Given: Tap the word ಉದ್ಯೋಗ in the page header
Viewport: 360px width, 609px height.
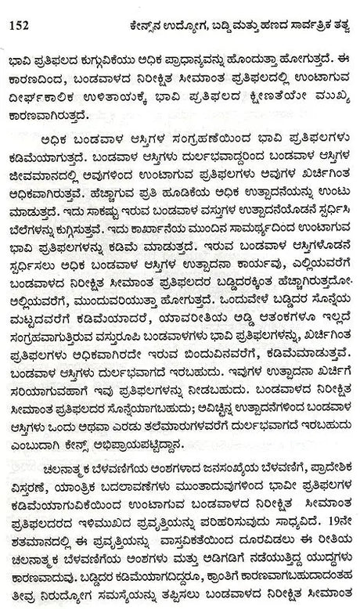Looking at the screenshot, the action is pyautogui.click(x=155, y=23).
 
